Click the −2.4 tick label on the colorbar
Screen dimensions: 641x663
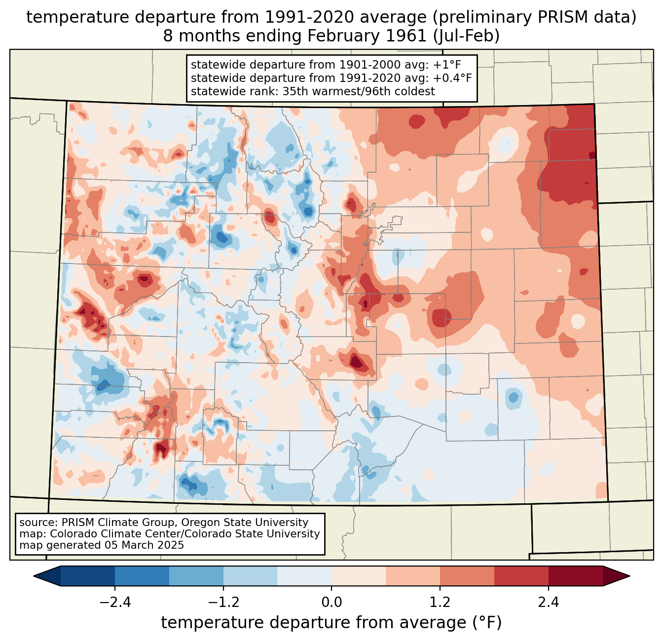click(x=114, y=603)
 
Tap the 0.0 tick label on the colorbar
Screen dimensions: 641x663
click(x=331, y=603)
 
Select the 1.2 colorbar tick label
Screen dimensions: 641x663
click(x=440, y=603)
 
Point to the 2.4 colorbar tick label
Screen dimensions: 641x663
click(x=549, y=603)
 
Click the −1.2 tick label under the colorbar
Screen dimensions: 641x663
click(x=223, y=603)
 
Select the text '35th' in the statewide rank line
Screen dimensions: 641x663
click(x=295, y=91)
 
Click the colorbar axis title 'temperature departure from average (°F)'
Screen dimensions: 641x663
click(x=331, y=623)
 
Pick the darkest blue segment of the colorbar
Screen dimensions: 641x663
click(x=88, y=576)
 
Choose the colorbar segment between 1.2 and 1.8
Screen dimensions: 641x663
click(x=467, y=576)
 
